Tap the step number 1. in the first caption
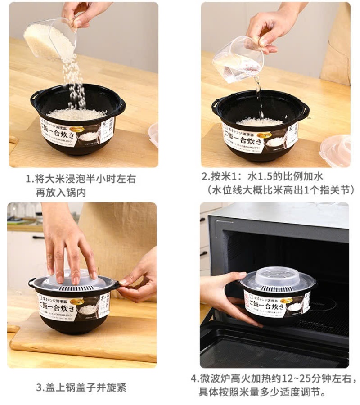(30, 179)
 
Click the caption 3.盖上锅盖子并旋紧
(81, 387)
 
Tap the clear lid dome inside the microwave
(274, 277)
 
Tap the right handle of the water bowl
(306, 108)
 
